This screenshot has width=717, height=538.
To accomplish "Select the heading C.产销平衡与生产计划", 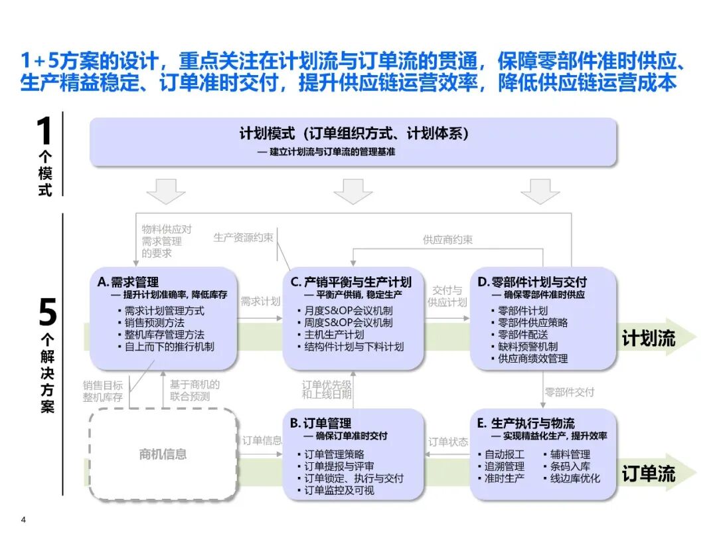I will [351, 282].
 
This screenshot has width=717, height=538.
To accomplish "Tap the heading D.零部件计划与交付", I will [532, 282].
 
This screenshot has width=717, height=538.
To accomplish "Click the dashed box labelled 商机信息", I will [163, 455].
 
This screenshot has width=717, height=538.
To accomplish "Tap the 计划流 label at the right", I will [648, 338].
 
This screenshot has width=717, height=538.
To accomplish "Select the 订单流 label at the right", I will [648, 474].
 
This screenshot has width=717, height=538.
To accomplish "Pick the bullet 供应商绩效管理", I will [532, 359].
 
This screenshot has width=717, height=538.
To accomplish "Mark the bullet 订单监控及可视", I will [339, 490].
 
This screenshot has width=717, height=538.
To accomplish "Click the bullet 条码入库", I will [570, 466].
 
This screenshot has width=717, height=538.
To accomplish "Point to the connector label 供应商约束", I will [448, 240].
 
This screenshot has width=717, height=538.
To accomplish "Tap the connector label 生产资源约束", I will [243, 237].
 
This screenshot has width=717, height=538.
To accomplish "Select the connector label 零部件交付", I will [570, 392].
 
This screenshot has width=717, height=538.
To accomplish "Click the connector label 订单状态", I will [448, 442].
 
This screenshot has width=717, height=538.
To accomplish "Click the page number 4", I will [24, 520].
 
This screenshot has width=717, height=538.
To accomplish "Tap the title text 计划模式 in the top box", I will [267, 134].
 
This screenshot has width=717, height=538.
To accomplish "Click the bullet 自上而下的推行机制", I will [169, 346].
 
